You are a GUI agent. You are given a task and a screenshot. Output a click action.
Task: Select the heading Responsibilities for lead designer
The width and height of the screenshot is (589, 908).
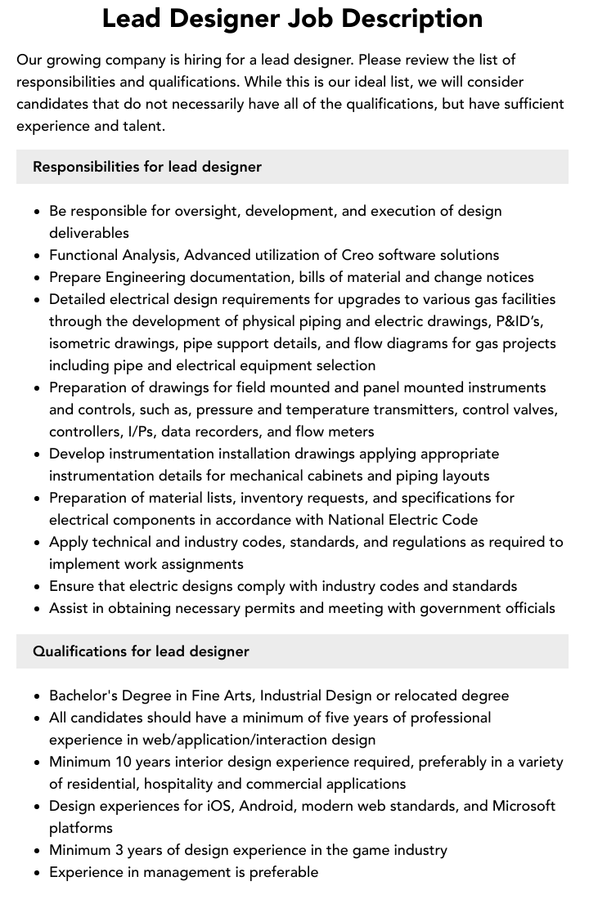coord(147,167)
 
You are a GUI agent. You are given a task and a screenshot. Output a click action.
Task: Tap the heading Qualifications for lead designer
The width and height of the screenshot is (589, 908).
coord(141,651)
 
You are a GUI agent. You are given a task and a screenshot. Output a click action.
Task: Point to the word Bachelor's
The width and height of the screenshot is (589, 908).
coord(85,696)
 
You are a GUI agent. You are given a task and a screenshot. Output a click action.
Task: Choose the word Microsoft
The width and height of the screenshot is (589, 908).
coord(524,806)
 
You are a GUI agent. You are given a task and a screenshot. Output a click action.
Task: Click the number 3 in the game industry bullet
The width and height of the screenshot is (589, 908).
coord(122,850)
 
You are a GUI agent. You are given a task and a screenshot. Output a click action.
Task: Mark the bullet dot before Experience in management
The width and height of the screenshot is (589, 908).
coord(38,873)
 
